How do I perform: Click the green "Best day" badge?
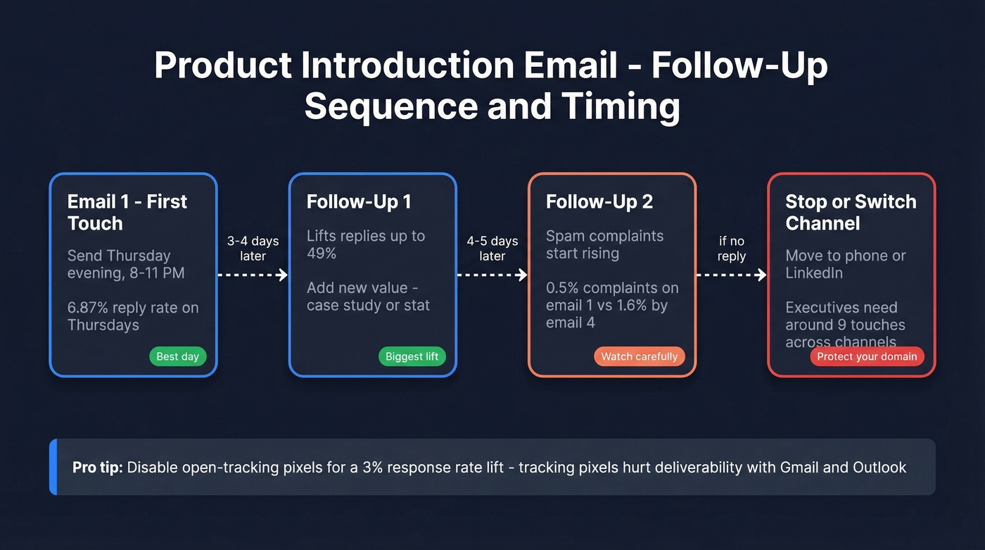coord(177,356)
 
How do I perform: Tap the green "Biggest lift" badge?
coord(412,356)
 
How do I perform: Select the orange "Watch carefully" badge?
coord(639,356)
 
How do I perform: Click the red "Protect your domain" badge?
coord(867,356)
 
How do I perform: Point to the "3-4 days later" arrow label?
coord(253,248)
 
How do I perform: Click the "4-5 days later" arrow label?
coord(493,248)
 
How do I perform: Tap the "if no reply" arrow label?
coord(732,248)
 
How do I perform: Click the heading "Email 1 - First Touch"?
coord(127,212)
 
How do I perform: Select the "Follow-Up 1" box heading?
coord(358,201)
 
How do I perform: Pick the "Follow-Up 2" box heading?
coord(599,201)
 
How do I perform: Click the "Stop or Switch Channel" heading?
coord(851,212)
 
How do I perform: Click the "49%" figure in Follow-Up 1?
coord(322,254)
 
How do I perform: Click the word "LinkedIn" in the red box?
coord(814,273)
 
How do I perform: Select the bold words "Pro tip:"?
coord(98,468)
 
